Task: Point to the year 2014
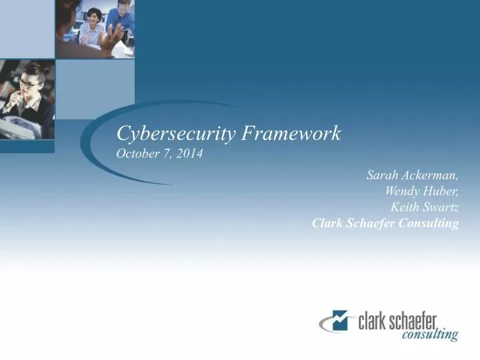[x=191, y=154]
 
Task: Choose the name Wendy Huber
[x=421, y=191]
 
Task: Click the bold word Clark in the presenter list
[x=326, y=223]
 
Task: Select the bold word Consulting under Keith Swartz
[x=429, y=223]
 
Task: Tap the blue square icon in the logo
[x=341, y=320]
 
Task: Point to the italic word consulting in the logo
[x=430, y=335]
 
